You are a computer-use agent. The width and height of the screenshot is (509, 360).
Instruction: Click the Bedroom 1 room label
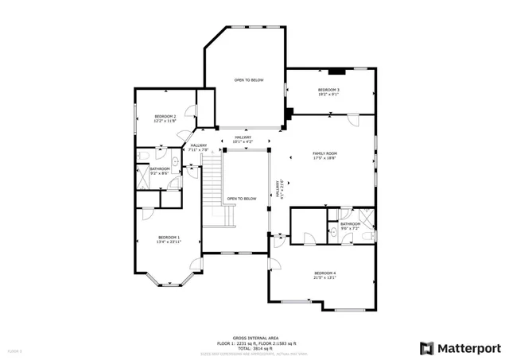(169, 238)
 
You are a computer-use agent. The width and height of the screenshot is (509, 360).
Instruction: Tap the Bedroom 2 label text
(165, 116)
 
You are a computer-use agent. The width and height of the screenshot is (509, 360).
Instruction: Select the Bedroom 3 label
(328, 90)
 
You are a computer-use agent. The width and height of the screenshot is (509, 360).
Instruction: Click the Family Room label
(324, 153)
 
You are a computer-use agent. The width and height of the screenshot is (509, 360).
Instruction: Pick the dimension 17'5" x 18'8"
(324, 157)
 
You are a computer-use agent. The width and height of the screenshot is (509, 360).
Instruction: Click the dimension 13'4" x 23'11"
(169, 242)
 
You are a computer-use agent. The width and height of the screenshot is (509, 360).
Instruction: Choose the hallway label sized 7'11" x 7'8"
(198, 147)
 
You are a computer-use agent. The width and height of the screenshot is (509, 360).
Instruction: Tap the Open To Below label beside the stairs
(242, 199)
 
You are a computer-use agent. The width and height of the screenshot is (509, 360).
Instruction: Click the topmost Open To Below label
(248, 80)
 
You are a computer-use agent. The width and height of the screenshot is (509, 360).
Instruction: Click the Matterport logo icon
(428, 348)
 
